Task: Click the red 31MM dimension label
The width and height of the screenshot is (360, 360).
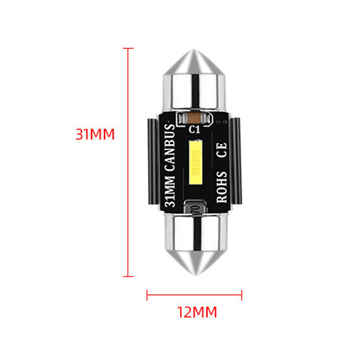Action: (x=95, y=134)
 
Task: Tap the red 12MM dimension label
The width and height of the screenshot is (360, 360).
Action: (x=197, y=312)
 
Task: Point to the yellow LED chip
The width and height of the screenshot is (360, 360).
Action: (x=196, y=162)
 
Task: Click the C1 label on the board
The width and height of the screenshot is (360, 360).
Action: (x=194, y=130)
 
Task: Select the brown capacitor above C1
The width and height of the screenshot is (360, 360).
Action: (x=194, y=118)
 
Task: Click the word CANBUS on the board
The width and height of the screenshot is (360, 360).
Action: (x=170, y=148)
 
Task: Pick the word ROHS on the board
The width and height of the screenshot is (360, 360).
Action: (x=222, y=187)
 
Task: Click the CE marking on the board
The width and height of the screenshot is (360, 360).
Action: (x=222, y=150)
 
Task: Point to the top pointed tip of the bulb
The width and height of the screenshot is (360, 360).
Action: (x=194, y=50)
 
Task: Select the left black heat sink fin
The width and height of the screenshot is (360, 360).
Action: (x=153, y=161)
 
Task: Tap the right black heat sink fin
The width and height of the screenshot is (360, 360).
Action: (x=236, y=161)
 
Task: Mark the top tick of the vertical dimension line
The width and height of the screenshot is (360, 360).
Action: (x=128, y=49)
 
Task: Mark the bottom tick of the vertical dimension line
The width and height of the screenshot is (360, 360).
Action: (x=128, y=276)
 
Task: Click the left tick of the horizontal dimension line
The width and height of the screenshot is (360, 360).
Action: (x=147, y=295)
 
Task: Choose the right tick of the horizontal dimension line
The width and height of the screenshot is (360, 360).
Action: (x=242, y=295)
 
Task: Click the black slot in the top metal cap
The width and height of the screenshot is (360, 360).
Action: (x=195, y=91)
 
